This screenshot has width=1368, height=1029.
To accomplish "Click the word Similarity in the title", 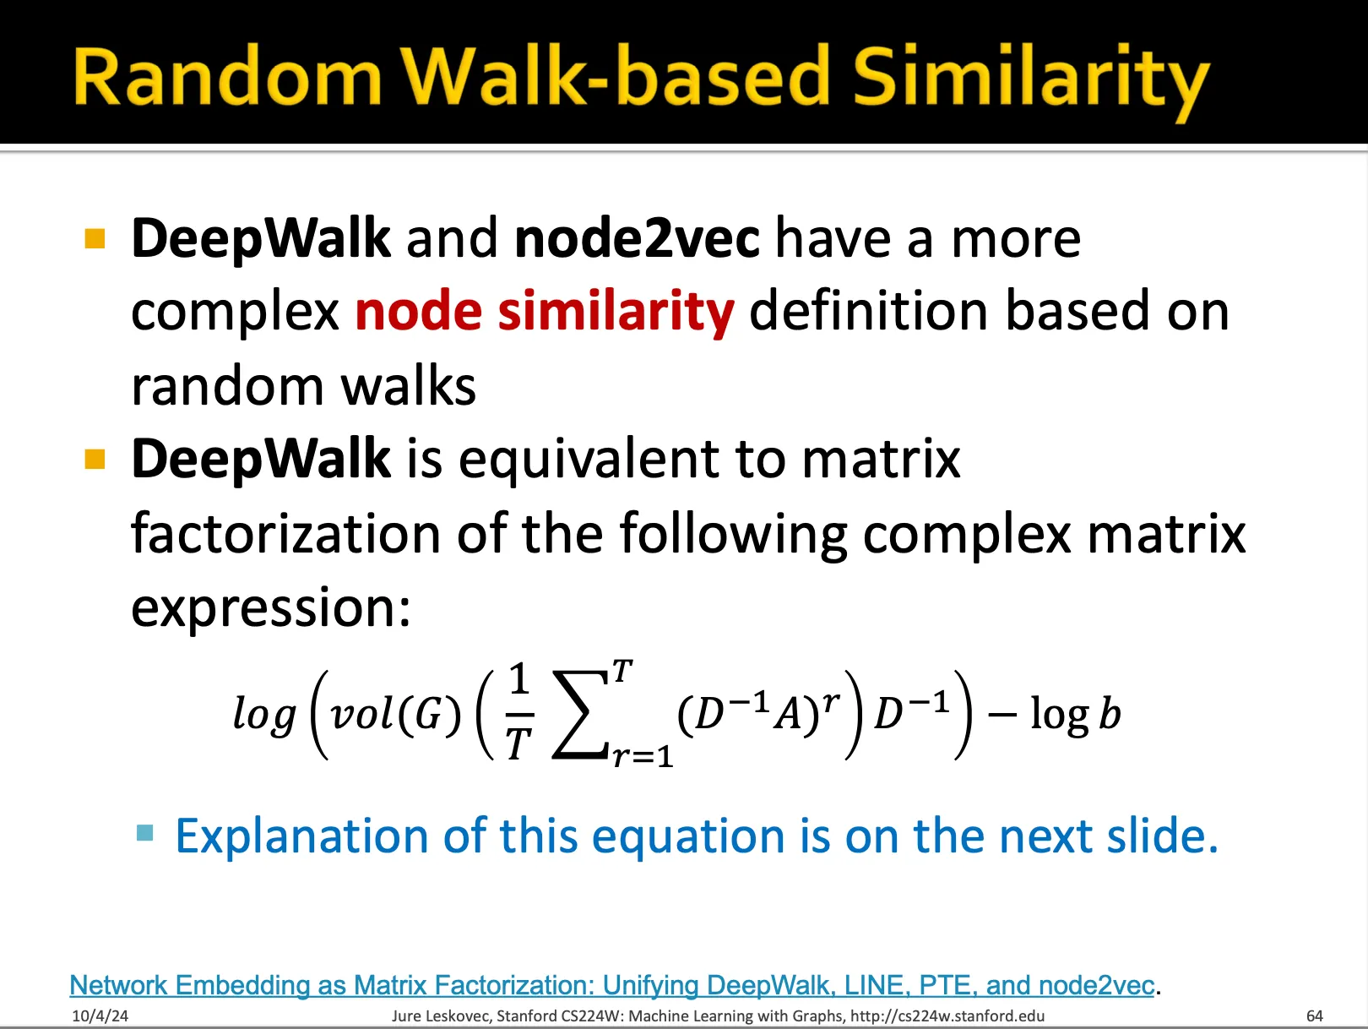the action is [x=1031, y=81].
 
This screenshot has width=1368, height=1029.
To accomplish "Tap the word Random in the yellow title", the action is [x=227, y=76].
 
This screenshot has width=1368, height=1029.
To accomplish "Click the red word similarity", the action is [x=616, y=312].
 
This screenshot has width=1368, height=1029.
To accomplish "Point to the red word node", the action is [x=418, y=311].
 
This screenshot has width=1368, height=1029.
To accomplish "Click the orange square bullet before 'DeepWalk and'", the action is [x=95, y=239].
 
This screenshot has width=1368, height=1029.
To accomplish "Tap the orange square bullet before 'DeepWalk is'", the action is [x=95, y=460].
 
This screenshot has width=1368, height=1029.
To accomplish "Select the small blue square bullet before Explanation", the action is [x=144, y=833].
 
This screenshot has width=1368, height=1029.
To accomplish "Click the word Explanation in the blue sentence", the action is [x=301, y=836].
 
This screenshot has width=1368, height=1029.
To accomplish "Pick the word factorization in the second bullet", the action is [x=285, y=534].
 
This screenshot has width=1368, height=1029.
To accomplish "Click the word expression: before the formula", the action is [x=271, y=609].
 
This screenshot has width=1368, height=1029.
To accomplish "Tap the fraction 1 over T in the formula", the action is [x=518, y=712].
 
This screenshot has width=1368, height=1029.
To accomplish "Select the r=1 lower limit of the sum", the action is [x=643, y=756].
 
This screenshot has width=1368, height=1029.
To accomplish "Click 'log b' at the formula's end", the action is [x=1076, y=714].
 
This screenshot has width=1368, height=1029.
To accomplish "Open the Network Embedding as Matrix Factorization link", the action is [x=611, y=985].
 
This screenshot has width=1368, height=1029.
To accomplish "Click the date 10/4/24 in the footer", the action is [x=100, y=1016].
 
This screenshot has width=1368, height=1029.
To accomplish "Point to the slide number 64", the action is [x=1315, y=1016].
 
